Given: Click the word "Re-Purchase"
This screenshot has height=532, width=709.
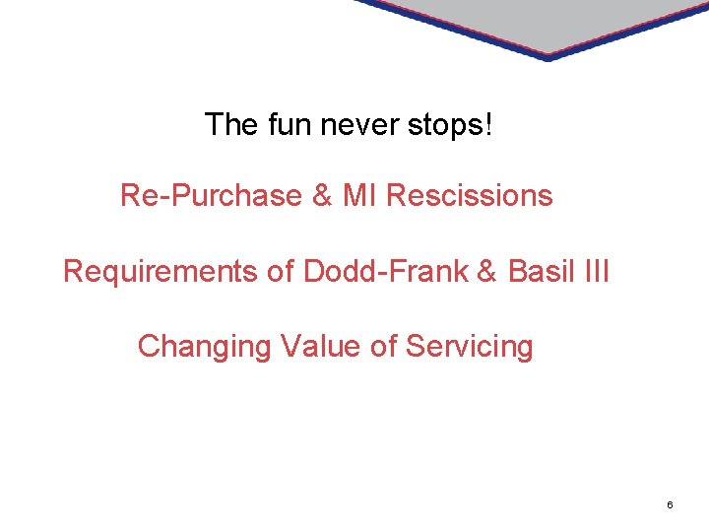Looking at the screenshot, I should point(211,196).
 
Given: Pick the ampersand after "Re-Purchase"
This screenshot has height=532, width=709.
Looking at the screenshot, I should point(322,196).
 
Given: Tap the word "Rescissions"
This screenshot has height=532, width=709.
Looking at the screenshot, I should point(470,196).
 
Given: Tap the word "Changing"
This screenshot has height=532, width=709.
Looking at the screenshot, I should point(205,347).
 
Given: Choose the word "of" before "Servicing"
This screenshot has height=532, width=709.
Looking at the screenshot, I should point(385,347).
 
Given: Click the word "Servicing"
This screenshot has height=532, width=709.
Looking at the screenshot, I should point(470,347).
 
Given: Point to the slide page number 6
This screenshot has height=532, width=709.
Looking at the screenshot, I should point(670,505).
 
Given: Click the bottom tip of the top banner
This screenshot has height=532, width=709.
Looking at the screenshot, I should point(548,57).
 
